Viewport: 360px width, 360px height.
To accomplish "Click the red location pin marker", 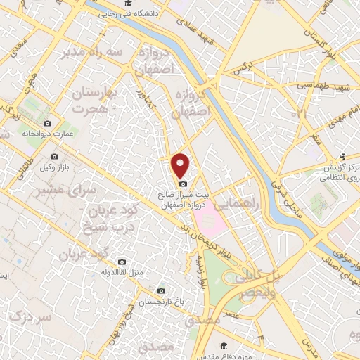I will click(x=181, y=165).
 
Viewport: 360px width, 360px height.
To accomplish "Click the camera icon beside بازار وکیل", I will click(x=54, y=156).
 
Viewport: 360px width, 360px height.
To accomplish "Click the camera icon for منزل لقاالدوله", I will click(x=122, y=262).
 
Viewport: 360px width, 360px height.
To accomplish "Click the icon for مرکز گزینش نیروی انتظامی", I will click(x=342, y=156).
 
